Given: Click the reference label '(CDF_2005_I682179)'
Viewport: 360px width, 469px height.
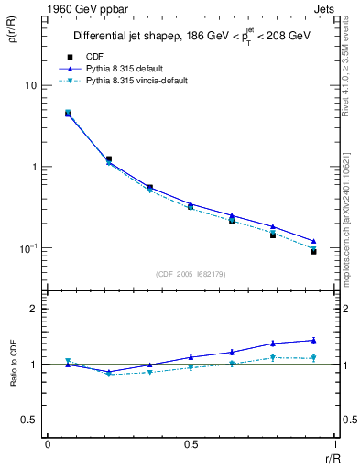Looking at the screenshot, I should [x=191, y=274].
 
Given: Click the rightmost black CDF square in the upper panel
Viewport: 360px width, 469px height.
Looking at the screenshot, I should [x=313, y=251].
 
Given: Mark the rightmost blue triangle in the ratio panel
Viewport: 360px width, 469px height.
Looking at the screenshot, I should [x=313, y=340].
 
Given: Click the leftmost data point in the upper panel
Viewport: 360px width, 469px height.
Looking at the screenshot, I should [x=68, y=114].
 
